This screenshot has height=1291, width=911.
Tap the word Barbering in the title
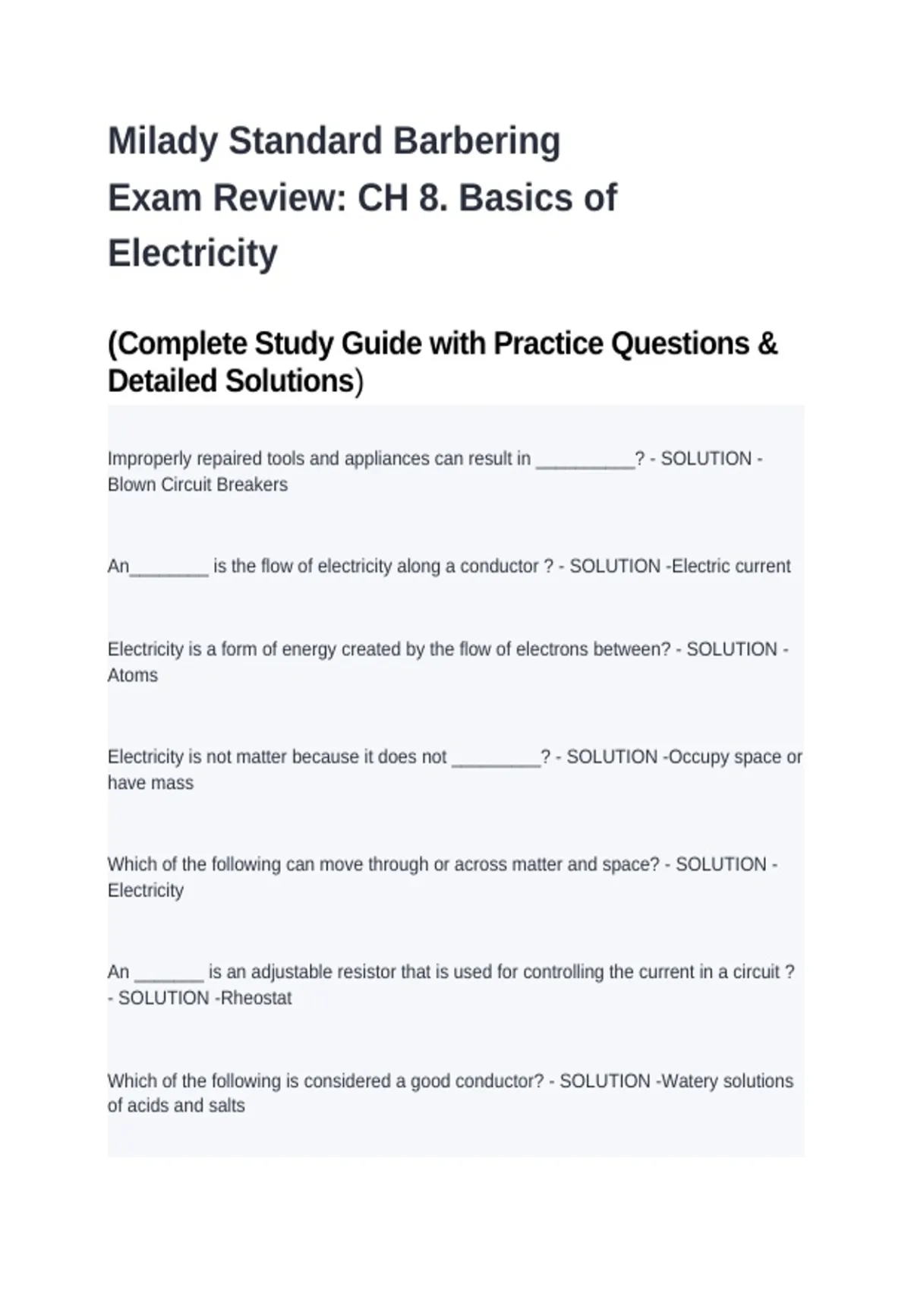(x=477, y=141)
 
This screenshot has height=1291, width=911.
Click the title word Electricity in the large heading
(x=193, y=253)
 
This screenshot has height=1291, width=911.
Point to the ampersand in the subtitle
(x=768, y=344)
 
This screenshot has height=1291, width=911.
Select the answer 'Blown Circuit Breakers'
(x=197, y=485)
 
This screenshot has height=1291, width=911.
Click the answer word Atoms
(x=133, y=675)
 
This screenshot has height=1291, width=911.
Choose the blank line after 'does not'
(x=495, y=759)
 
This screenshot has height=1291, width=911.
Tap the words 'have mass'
(x=150, y=783)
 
